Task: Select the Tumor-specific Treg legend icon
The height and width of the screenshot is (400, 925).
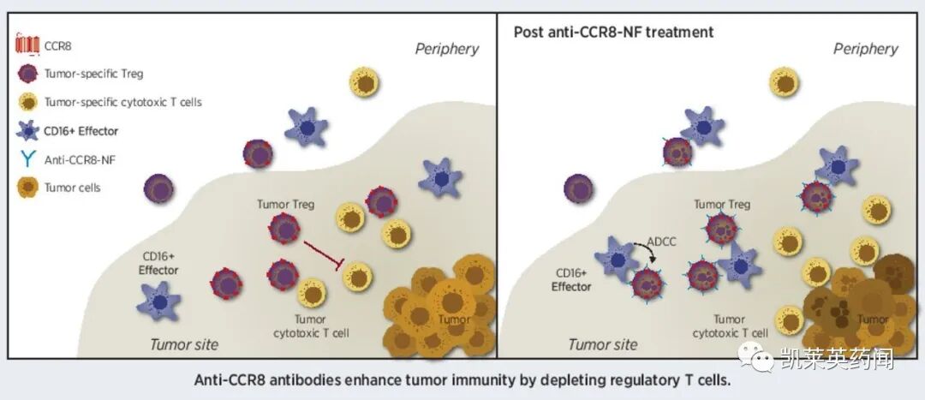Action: coord(27,74)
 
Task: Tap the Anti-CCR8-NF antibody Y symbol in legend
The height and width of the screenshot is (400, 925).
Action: coord(27,158)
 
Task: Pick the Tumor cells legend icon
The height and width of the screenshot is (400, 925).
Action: coord(27,187)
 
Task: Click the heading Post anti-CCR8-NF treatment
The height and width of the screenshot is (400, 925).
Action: coord(613,33)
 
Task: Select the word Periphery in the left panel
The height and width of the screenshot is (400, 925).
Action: coord(447,49)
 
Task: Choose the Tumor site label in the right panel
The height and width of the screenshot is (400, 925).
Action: coord(603,344)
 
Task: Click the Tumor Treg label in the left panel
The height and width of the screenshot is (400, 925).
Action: coord(286,205)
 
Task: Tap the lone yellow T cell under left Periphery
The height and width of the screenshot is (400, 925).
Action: coord(365,82)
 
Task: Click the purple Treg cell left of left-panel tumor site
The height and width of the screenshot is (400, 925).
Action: coord(158,188)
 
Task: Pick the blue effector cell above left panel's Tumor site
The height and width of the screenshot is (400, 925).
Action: coord(159,302)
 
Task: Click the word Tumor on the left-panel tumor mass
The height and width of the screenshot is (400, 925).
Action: coord(454,320)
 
